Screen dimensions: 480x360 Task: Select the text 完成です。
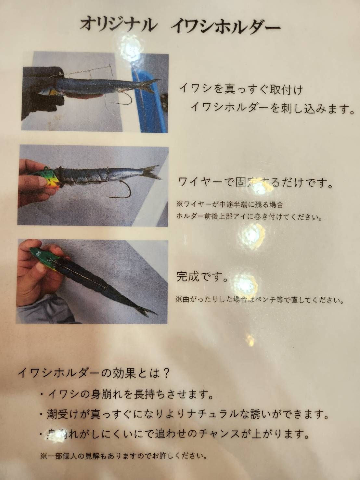click(x=201, y=277)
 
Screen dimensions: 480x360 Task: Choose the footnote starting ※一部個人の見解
click(x=123, y=456)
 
